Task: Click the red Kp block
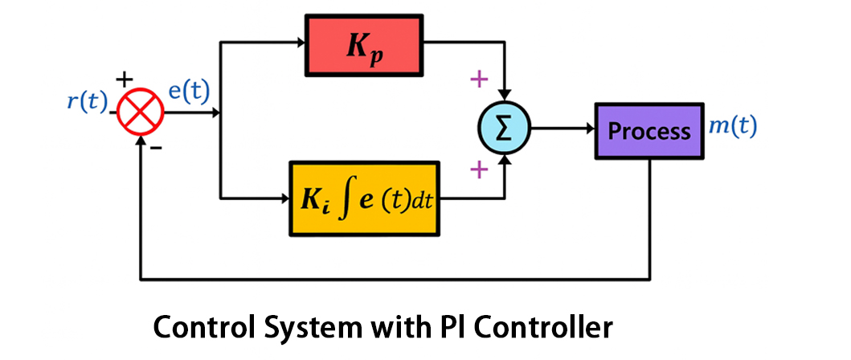coord(364,46)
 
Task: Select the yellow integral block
coord(364,198)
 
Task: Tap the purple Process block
coord(648,130)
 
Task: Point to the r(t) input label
coord(88,102)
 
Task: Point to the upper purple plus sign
coord(479,79)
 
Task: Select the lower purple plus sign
coord(479,169)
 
